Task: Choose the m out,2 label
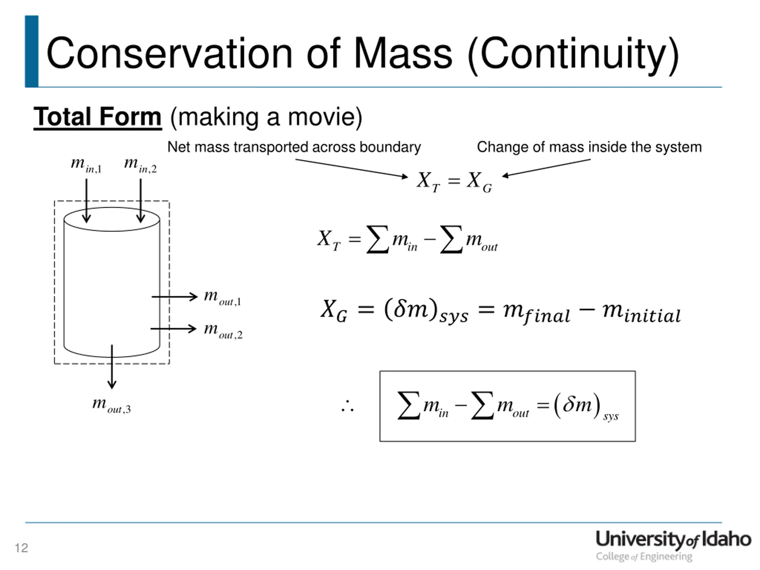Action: click(x=223, y=330)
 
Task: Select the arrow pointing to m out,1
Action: click(x=175, y=297)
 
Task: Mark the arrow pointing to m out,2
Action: click(x=173, y=329)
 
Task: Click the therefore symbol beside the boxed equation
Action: click(x=347, y=406)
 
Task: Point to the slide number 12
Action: click(x=21, y=548)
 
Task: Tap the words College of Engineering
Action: click(x=644, y=557)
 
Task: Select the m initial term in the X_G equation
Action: click(x=641, y=313)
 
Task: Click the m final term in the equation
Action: click(x=536, y=313)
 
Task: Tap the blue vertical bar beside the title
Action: click(x=31, y=52)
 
